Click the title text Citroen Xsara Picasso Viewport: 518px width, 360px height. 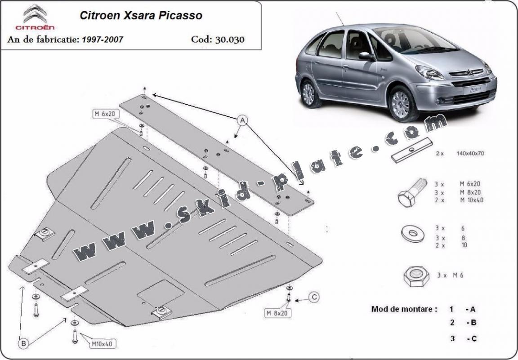click(x=141, y=15)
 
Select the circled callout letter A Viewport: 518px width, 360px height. click(x=242, y=120)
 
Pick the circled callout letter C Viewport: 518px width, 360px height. click(x=314, y=297)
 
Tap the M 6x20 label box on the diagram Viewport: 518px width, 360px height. click(x=105, y=114)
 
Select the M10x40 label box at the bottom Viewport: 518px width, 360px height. click(x=103, y=344)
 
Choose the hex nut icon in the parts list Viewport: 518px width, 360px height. click(x=414, y=276)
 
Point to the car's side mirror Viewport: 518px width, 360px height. click(x=366, y=56)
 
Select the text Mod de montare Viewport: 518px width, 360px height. click(x=404, y=309)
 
